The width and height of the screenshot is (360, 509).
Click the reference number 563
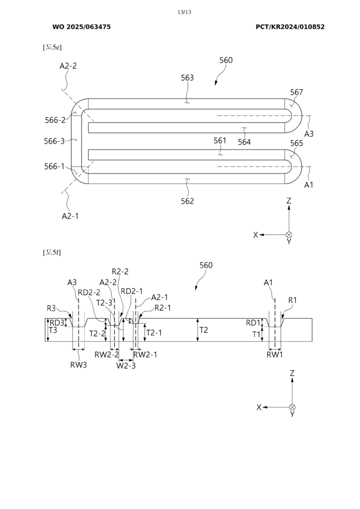click(187, 78)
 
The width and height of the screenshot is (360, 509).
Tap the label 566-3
click(55, 141)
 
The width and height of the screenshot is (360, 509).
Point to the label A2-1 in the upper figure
click(70, 216)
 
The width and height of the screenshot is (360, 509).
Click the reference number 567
click(297, 92)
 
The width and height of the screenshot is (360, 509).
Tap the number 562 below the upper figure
click(187, 201)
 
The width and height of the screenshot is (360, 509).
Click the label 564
click(244, 142)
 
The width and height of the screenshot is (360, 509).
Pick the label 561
click(220, 141)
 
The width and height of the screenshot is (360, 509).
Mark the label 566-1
click(55, 167)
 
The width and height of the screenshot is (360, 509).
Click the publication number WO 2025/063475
click(82, 27)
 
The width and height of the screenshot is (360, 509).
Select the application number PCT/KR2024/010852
click(290, 27)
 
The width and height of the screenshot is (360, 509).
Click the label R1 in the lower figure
click(292, 300)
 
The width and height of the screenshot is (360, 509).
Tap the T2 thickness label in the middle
click(205, 330)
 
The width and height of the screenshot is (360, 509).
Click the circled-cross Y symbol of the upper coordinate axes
click(289, 235)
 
